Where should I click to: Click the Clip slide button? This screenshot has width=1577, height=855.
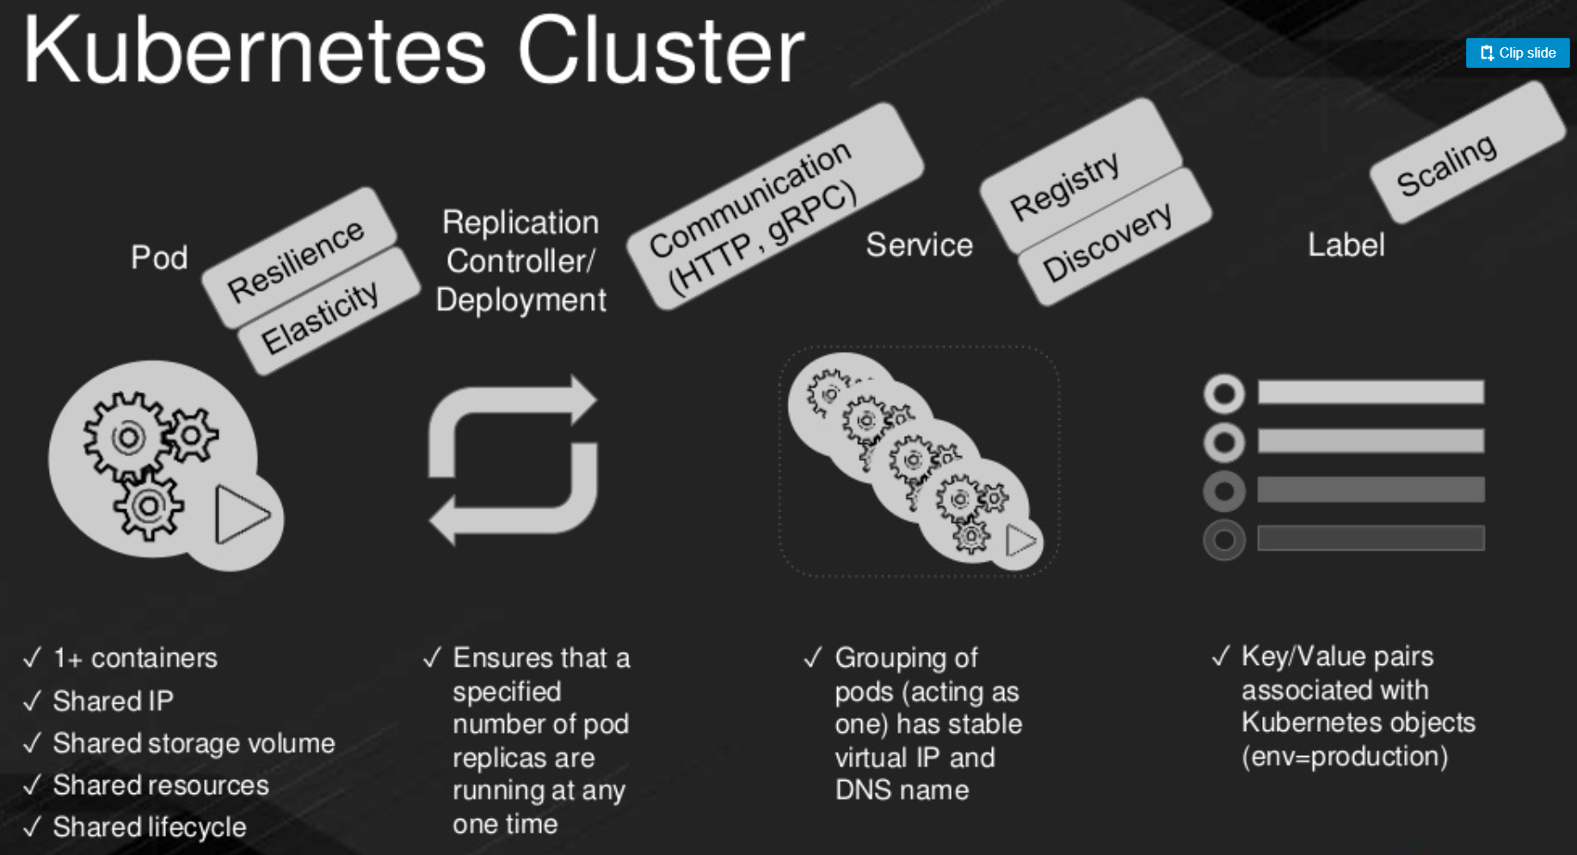click(x=1518, y=52)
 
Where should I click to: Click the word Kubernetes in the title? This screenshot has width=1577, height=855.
click(x=255, y=51)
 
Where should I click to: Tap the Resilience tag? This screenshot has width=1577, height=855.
click(x=299, y=257)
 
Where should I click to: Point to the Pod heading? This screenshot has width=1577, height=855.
click(x=159, y=257)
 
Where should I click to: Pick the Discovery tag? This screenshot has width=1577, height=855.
click(x=1113, y=237)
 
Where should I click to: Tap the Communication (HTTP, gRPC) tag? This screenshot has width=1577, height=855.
click(x=774, y=206)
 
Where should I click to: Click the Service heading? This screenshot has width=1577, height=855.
click(x=919, y=245)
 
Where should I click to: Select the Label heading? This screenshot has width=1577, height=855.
click(x=1346, y=245)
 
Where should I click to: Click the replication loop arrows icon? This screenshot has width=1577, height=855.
click(x=514, y=460)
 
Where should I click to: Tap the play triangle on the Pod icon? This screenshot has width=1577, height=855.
click(x=242, y=515)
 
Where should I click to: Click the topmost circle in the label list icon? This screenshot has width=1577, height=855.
click(x=1224, y=394)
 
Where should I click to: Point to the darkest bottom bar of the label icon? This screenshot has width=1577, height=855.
click(x=1371, y=538)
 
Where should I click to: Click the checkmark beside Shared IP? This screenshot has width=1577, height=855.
click(x=32, y=701)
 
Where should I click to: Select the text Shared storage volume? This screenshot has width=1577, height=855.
click(x=194, y=743)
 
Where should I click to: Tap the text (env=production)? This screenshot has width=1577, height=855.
click(x=1345, y=757)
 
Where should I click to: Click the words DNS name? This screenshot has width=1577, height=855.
click(x=902, y=790)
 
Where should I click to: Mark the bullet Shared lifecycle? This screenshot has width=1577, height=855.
click(x=135, y=827)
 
